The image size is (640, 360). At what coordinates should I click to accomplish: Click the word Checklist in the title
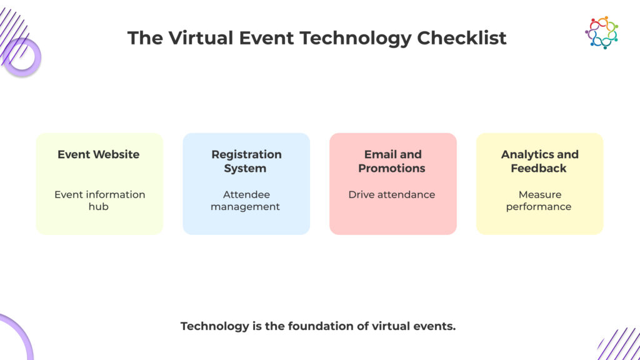462,38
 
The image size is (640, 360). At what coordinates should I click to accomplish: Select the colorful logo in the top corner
601,32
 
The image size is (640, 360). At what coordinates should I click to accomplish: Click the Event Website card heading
99,154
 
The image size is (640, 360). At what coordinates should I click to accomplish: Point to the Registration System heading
246,161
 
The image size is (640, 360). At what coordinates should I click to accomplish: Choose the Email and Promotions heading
392,161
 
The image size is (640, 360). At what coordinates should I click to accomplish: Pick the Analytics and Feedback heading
539,161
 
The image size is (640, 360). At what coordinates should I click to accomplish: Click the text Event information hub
99,200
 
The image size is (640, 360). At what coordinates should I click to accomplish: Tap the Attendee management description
246,200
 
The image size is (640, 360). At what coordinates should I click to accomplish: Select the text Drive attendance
392,194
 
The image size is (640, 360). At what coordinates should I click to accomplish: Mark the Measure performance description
539,200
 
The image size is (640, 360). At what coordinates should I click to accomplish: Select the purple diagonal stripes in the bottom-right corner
619,344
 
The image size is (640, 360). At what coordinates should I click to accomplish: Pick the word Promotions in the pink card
392,168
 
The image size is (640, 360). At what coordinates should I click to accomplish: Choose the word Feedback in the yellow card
539,168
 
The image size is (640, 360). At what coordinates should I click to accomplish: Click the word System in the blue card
246,168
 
